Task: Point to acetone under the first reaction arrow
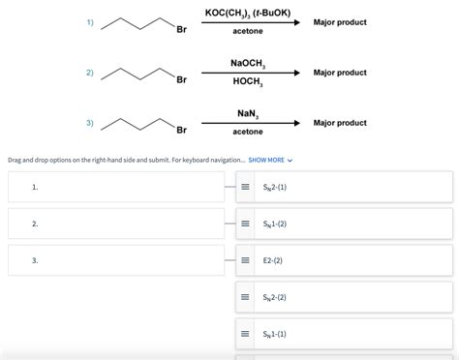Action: point(248,31)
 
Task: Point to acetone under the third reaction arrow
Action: point(248,132)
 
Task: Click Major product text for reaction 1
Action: point(340,22)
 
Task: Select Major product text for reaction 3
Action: point(340,123)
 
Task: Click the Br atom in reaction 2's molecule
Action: point(181,79)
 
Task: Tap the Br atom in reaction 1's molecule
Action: point(181,29)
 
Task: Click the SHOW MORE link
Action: point(270,160)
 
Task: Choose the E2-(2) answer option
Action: point(274,260)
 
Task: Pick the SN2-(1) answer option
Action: point(276,187)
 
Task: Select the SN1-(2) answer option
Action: point(276,224)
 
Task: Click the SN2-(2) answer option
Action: point(276,297)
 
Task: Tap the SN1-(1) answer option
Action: point(276,334)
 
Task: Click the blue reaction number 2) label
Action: point(90,73)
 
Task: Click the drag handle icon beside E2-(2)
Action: point(246,260)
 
